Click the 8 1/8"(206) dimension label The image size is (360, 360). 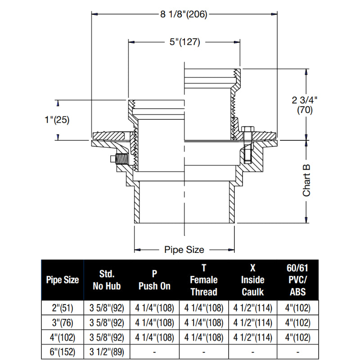[183, 14]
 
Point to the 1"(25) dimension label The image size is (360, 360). [57, 120]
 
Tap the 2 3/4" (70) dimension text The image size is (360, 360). [302, 105]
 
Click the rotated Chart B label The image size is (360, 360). [307, 180]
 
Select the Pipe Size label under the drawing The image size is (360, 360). [184, 249]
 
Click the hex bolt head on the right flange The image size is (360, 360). [247, 130]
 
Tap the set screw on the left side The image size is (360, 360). [120, 159]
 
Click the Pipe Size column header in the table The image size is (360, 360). [63, 280]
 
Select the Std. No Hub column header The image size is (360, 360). [107, 280]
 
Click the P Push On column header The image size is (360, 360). [154, 280]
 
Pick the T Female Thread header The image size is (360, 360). [203, 280]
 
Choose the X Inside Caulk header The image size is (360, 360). [252, 280]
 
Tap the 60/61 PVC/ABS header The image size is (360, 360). [297, 280]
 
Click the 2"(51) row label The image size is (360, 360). [63, 308]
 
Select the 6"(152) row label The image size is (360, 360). [63, 351]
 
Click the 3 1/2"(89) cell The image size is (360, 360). [107, 351]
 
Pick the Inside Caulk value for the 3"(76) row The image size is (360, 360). [252, 323]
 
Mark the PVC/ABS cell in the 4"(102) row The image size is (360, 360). [297, 337]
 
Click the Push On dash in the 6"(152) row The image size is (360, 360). [154, 351]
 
